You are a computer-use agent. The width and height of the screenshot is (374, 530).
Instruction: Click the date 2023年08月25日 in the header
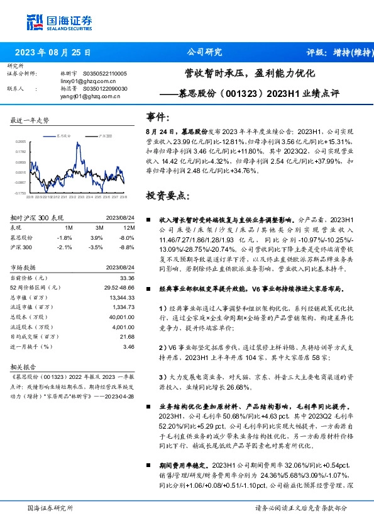[x=53, y=52]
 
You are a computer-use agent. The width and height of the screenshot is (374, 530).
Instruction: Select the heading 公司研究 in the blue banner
[x=205, y=52]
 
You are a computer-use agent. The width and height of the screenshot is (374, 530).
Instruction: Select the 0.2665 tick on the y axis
[x=21, y=142]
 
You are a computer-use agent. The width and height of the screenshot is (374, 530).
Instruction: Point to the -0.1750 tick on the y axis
[x=21, y=193]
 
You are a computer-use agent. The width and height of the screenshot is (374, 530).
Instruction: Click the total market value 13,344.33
[x=121, y=297]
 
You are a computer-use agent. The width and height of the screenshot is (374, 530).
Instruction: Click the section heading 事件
[x=157, y=116]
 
